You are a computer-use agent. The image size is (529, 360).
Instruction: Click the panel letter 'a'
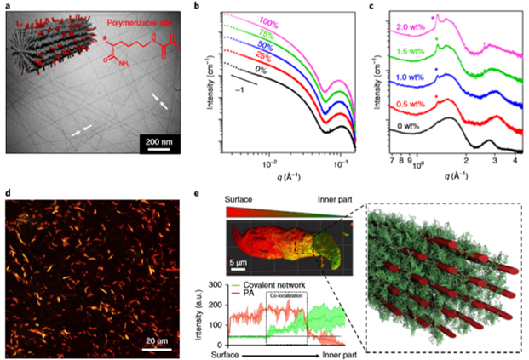[8, 8]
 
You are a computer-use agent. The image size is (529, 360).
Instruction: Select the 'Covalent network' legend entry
[264, 278]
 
